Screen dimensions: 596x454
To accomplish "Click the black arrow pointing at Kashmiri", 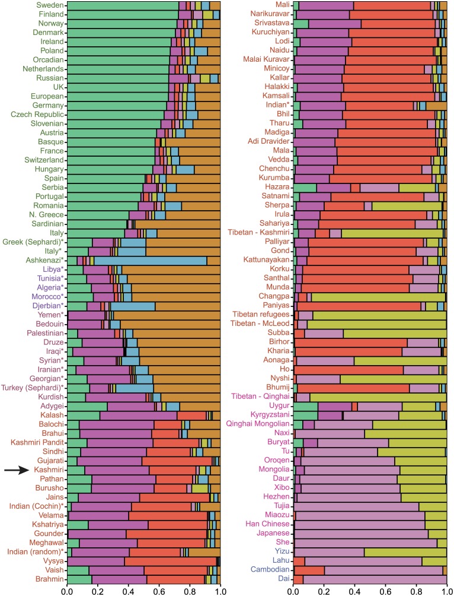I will [16, 470].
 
